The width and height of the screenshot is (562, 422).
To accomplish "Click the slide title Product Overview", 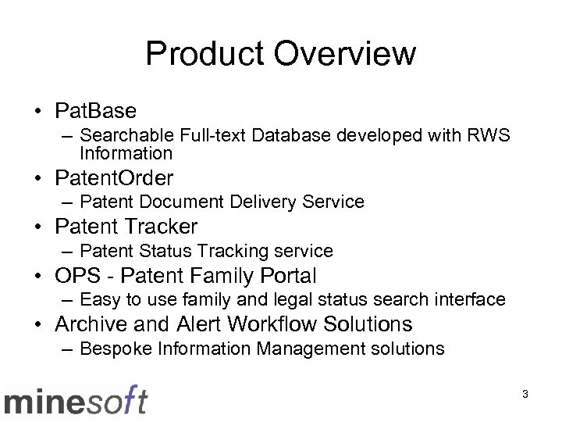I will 280,55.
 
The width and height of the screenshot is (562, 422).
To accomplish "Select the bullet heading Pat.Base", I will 96,110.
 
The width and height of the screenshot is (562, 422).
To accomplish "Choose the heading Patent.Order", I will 114,177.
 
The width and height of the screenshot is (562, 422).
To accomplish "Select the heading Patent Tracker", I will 126,227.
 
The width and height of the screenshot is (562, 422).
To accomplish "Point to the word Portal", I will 290,275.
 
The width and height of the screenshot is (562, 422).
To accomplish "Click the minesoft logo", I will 75,400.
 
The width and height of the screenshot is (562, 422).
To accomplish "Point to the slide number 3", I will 525,395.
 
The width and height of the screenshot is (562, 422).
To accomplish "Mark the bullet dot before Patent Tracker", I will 40,227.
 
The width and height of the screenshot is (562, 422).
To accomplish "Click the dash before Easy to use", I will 68,299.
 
